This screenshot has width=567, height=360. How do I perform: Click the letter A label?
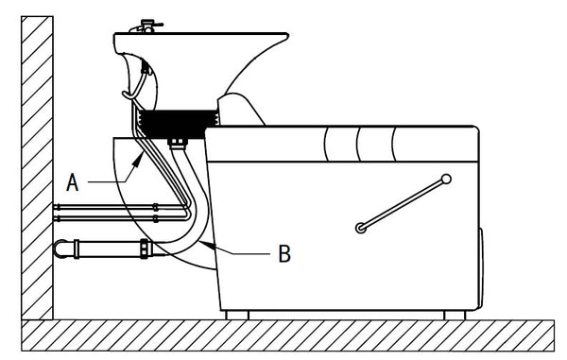coord(73,182)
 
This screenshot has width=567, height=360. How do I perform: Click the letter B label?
coord(284,253)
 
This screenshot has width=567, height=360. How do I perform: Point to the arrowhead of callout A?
coord(138,160)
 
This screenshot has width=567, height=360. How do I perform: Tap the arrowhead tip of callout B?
coord(200,241)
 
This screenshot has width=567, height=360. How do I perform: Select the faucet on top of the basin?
coord(146,26)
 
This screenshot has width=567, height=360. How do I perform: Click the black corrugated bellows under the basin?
coord(179,124)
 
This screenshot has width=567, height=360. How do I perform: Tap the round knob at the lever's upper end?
coord(447,179)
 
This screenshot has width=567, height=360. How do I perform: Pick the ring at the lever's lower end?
coord(361,228)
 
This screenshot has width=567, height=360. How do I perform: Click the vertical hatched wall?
coord(37,167)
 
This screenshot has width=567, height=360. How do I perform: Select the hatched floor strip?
coord(287,335)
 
